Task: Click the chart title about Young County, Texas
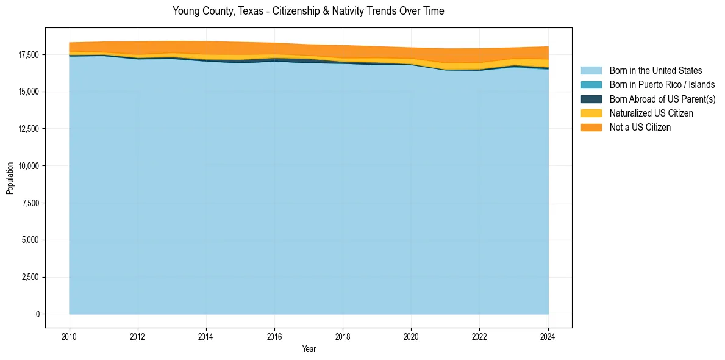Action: pos(308,11)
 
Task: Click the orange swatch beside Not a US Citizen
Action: pos(591,127)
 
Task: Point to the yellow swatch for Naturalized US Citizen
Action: pos(591,113)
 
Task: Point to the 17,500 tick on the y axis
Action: pos(28,55)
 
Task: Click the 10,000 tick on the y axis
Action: pos(28,166)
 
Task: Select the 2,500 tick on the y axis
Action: pos(30,277)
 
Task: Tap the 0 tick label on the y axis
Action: pos(37,314)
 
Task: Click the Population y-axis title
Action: pos(10,178)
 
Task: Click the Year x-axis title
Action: pos(309,349)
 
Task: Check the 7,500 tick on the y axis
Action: pos(30,203)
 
